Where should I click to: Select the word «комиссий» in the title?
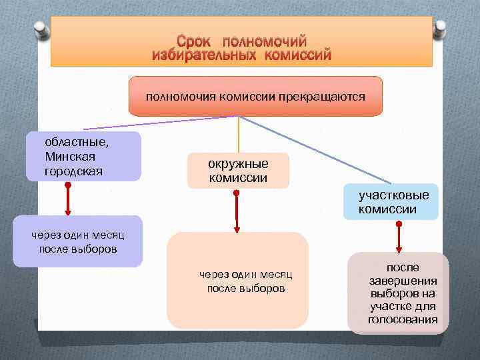click(297, 55)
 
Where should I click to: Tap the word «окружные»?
click(238, 164)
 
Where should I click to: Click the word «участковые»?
click(393, 195)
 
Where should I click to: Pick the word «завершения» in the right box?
click(403, 281)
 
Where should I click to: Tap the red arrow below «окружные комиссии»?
click(237, 211)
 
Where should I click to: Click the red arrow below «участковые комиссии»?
click(399, 237)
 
